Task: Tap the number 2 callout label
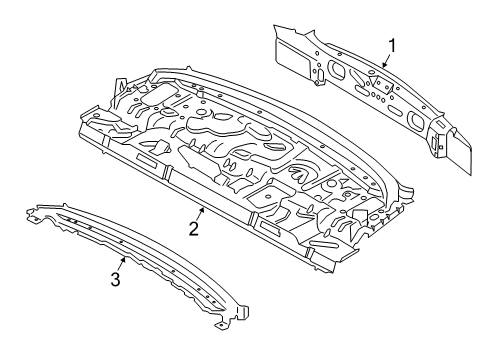(194, 229)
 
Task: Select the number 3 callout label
(116, 280)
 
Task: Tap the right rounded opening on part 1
(415, 119)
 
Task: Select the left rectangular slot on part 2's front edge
(147, 161)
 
